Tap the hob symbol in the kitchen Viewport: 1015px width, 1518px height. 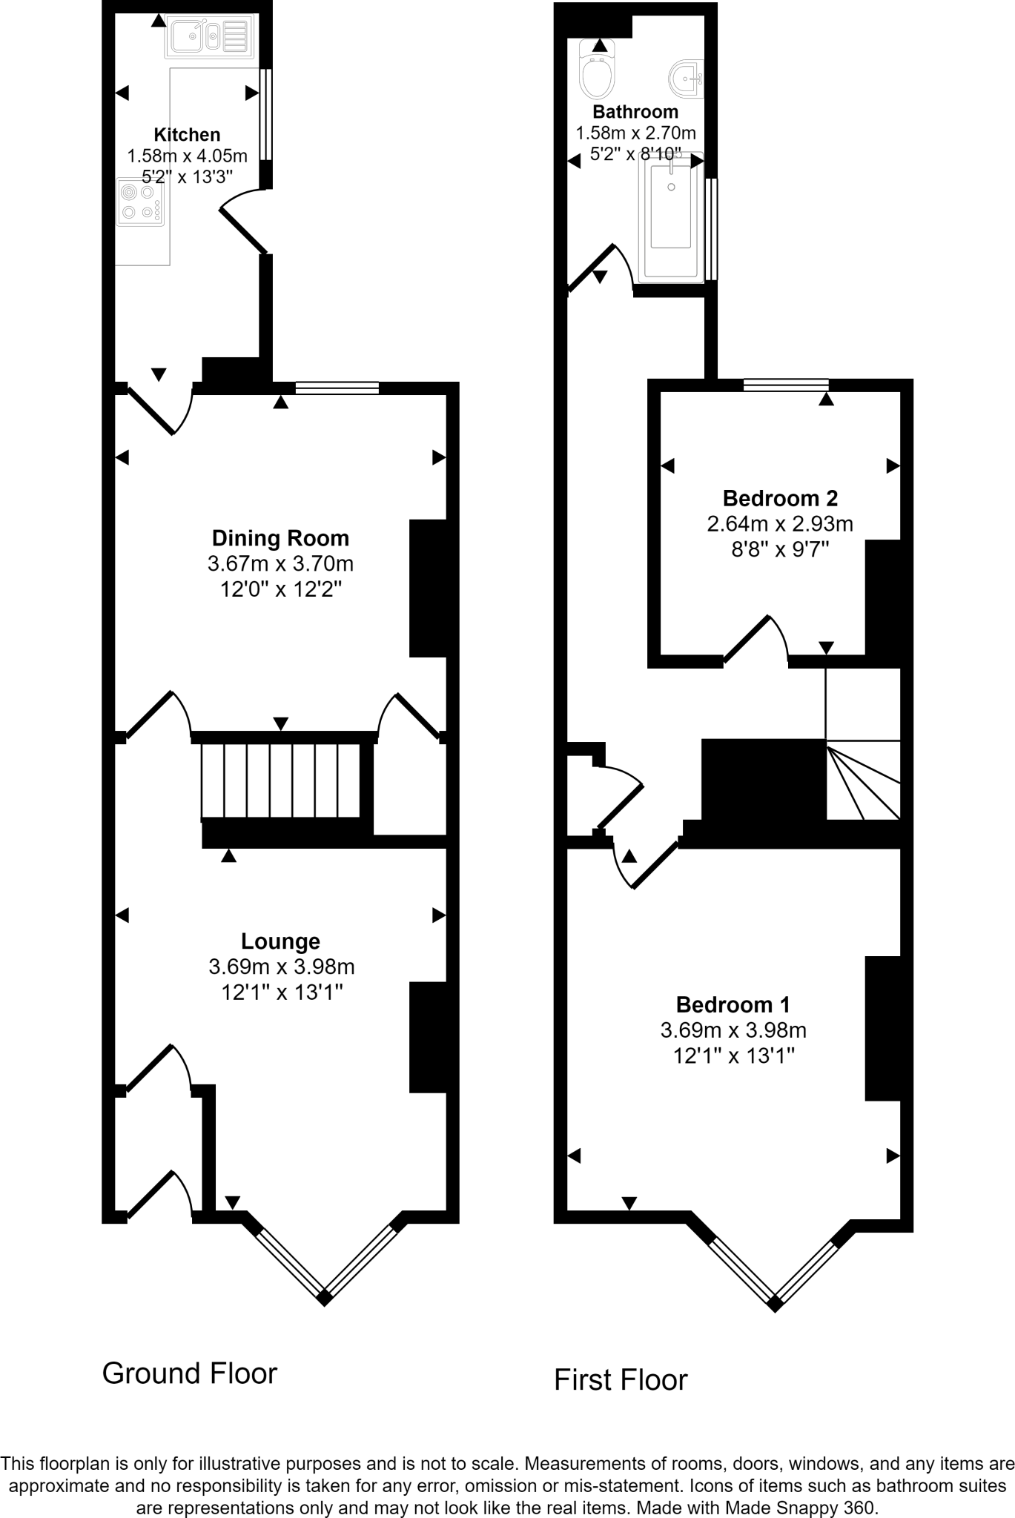[140, 202]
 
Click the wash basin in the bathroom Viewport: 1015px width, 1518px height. [687, 77]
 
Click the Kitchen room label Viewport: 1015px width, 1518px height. [187, 135]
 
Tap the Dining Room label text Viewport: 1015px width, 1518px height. [280, 538]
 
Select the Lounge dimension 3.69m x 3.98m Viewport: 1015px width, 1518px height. [282, 967]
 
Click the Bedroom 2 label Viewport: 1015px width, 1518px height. [780, 498]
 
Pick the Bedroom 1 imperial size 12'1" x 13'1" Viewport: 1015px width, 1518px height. [733, 1055]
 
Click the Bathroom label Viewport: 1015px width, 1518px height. [635, 112]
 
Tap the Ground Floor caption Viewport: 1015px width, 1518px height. [190, 1373]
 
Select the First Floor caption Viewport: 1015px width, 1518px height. [621, 1380]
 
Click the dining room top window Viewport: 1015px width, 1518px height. [337, 387]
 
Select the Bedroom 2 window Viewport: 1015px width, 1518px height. [786, 384]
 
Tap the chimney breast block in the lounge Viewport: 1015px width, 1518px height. [429, 1037]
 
